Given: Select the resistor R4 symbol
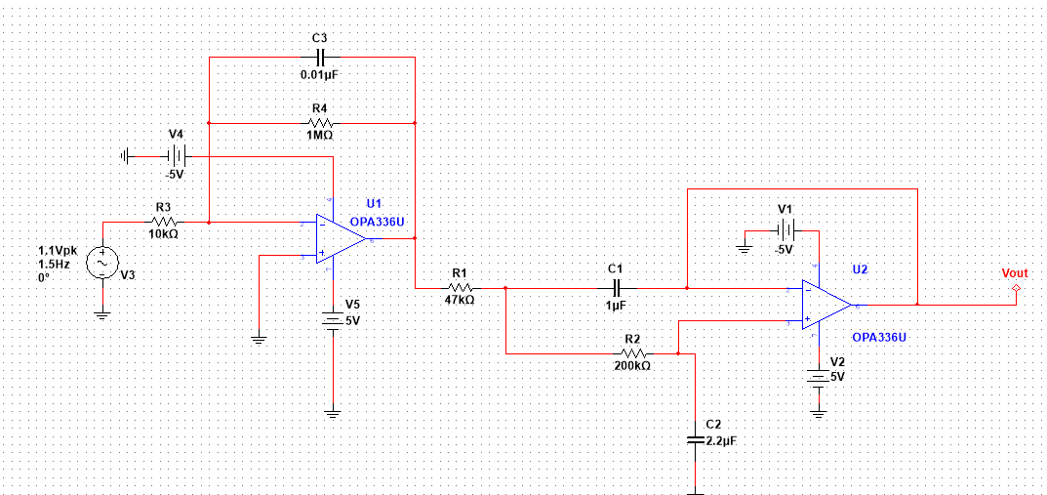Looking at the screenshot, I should coord(320,123).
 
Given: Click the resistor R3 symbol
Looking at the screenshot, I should coord(163,222).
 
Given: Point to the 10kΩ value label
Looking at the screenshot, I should coord(163,235).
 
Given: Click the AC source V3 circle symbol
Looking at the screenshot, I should coord(101,265).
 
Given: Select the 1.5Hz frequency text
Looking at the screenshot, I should coord(54,265).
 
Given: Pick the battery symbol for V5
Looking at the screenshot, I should coord(334,320).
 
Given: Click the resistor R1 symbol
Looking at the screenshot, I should coord(461,288).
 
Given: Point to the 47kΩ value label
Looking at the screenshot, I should coord(460,302).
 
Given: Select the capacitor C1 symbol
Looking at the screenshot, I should coord(616,288).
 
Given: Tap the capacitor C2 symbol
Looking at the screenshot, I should coord(694,440).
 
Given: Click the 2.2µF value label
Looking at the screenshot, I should coord(721,441).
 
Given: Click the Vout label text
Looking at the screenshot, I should coord(1015,273).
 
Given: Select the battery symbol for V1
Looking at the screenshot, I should coord(785,230).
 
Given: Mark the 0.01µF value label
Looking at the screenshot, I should coord(320,73).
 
